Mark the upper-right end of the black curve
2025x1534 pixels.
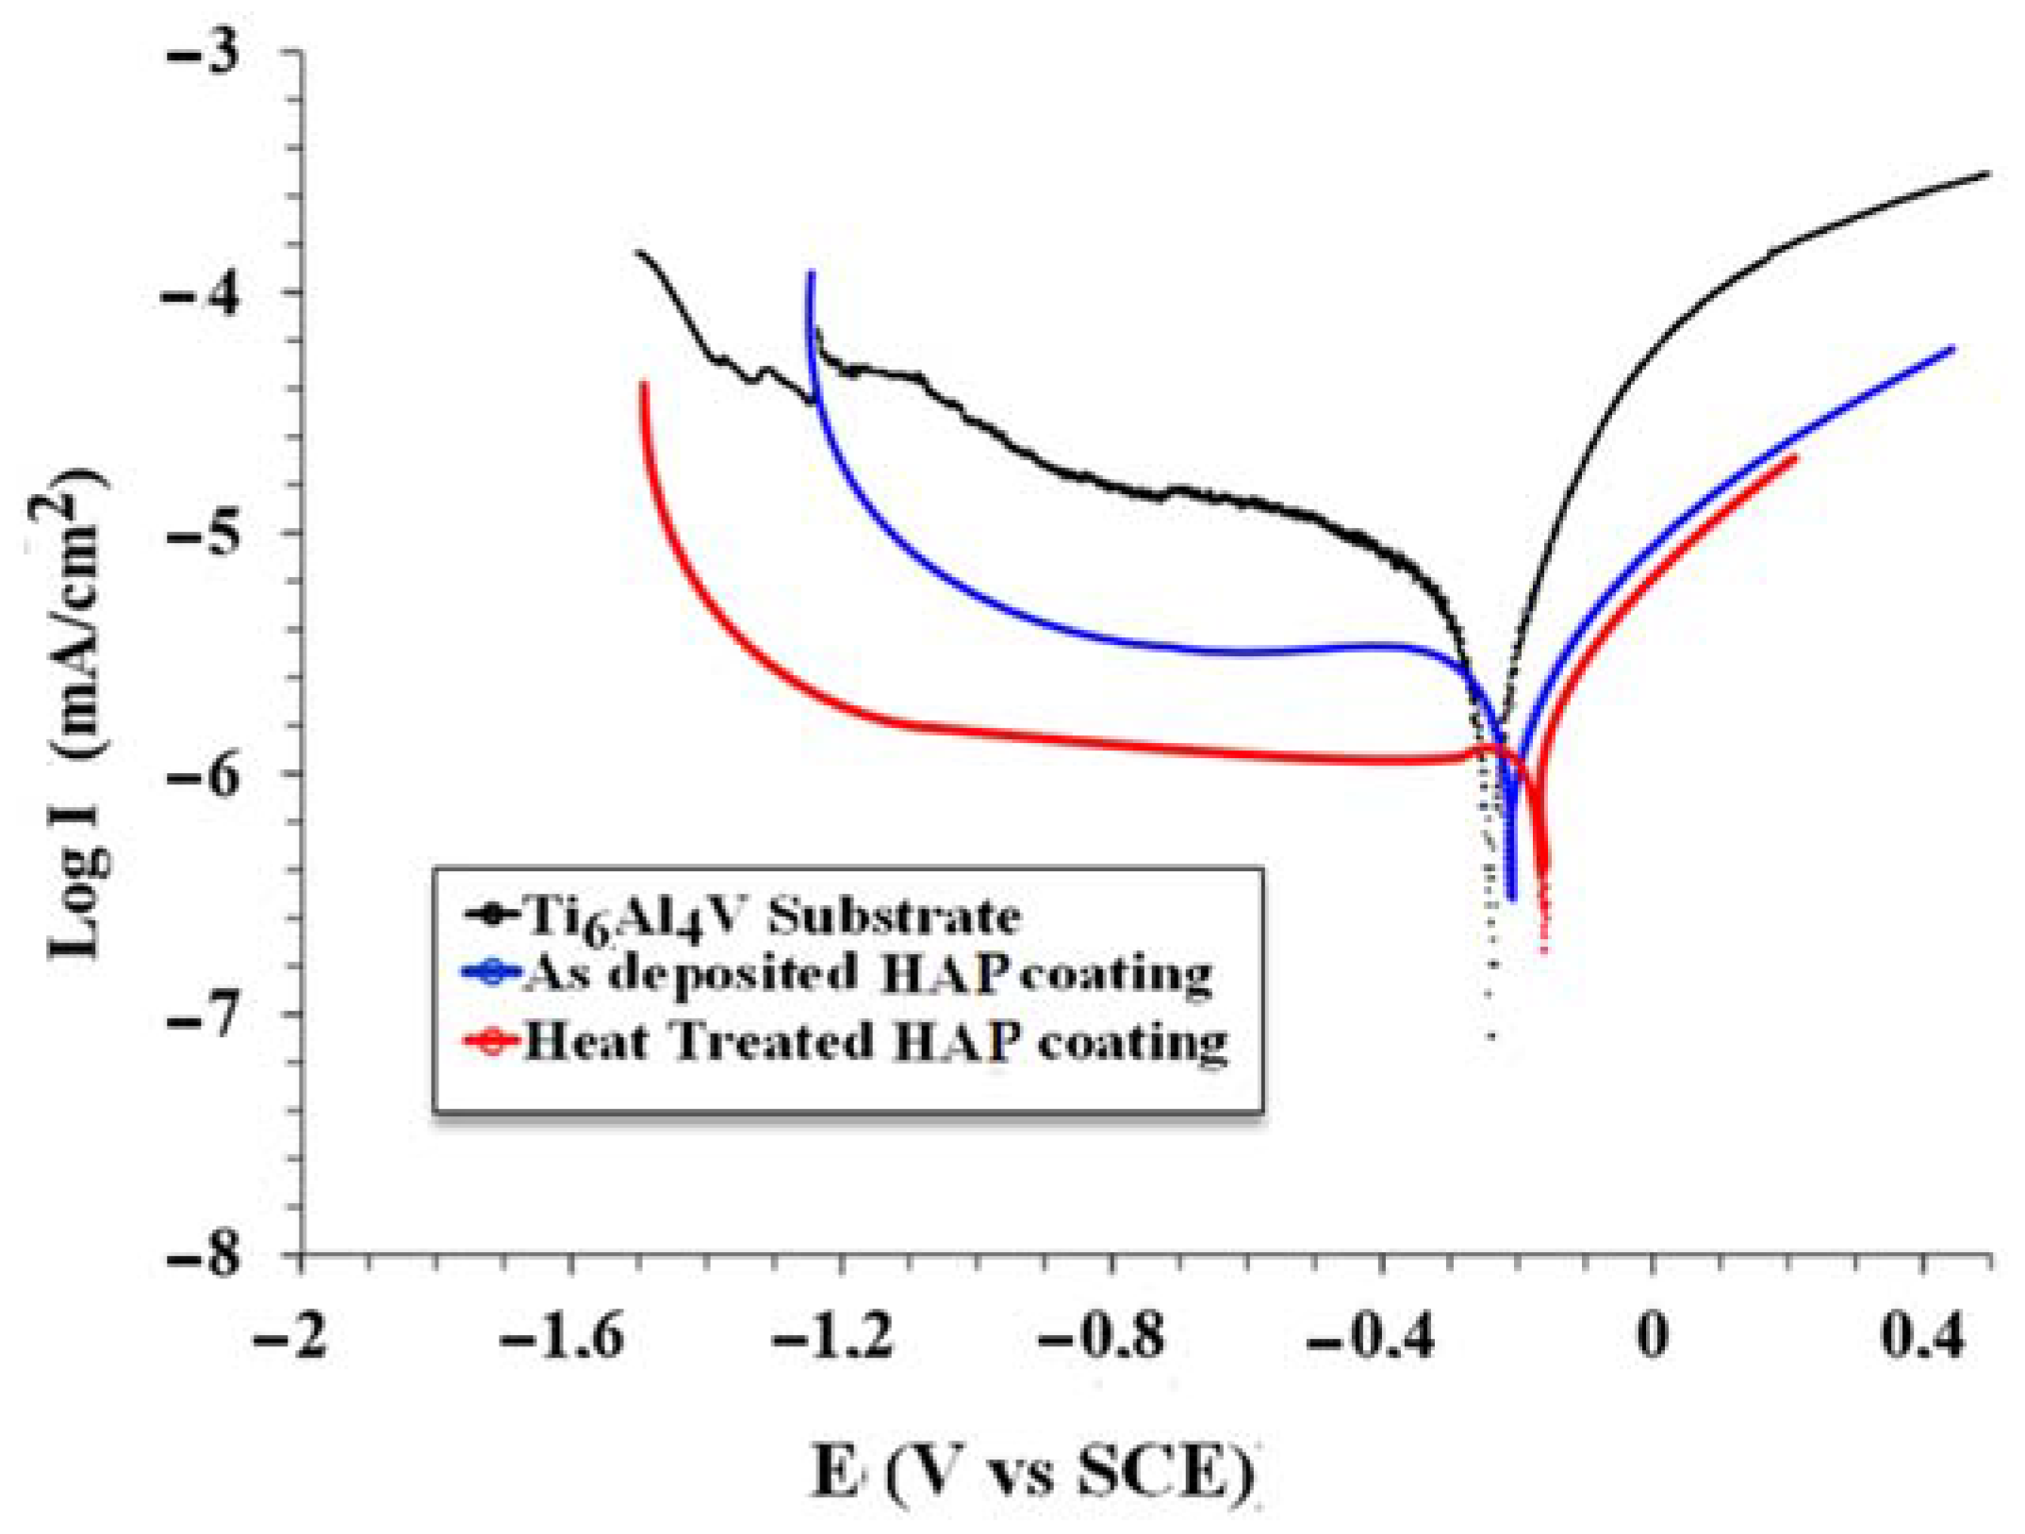point(1988,173)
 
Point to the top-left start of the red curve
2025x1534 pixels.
point(644,384)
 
